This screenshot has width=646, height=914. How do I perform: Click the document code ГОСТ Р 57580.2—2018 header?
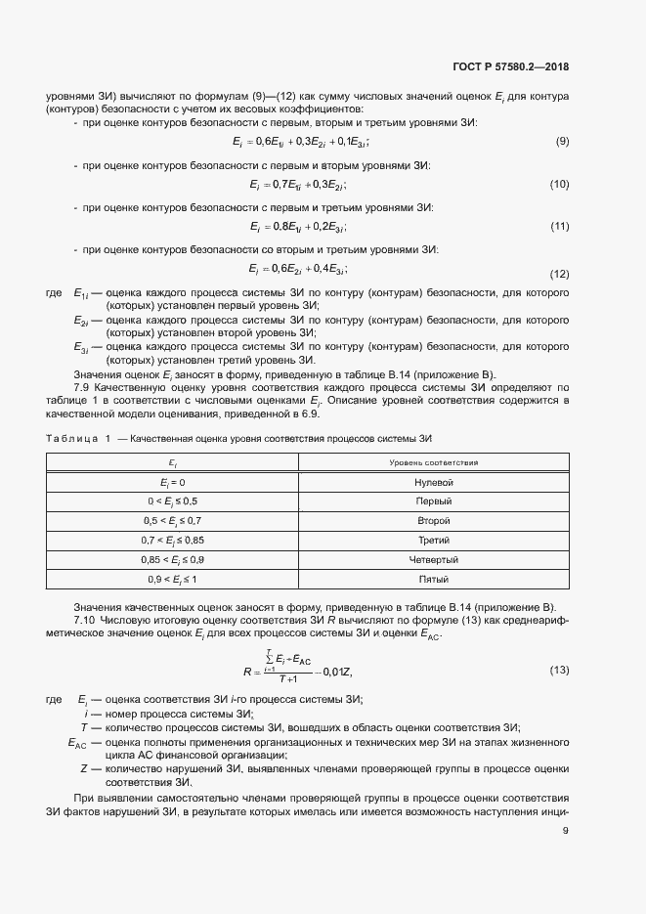pos(510,67)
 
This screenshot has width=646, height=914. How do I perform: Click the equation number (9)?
pos(562,143)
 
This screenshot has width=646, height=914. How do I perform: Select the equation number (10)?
pos(559,185)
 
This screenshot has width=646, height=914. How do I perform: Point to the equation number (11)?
pos(559,228)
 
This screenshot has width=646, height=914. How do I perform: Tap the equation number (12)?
pos(559,274)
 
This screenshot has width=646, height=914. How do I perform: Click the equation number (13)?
pos(559,671)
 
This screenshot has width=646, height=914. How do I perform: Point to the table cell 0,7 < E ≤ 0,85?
pos(173,540)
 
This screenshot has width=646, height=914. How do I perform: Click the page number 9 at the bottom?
pos(566,831)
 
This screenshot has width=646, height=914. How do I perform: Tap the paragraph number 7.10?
pos(85,620)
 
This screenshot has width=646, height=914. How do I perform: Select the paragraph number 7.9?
pos(83,387)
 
